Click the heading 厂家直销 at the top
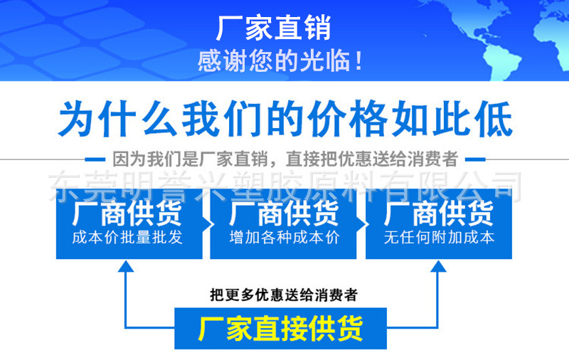tap(274, 29)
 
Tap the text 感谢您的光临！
tap(281, 62)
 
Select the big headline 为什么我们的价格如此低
tap(284, 119)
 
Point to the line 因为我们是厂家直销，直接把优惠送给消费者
tap(284, 158)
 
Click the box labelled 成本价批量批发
tap(127, 223)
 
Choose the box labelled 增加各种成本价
tap(284, 223)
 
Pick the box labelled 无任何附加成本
tap(439, 223)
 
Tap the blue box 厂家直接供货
tap(280, 329)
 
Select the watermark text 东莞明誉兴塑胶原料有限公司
tap(284, 186)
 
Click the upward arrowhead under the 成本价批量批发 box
tap(126, 267)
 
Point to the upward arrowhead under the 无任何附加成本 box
tap(438, 267)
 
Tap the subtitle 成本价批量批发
tap(127, 238)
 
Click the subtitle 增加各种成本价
tap(284, 238)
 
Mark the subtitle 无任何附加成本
tap(439, 238)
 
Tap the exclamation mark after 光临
tap(358, 62)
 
